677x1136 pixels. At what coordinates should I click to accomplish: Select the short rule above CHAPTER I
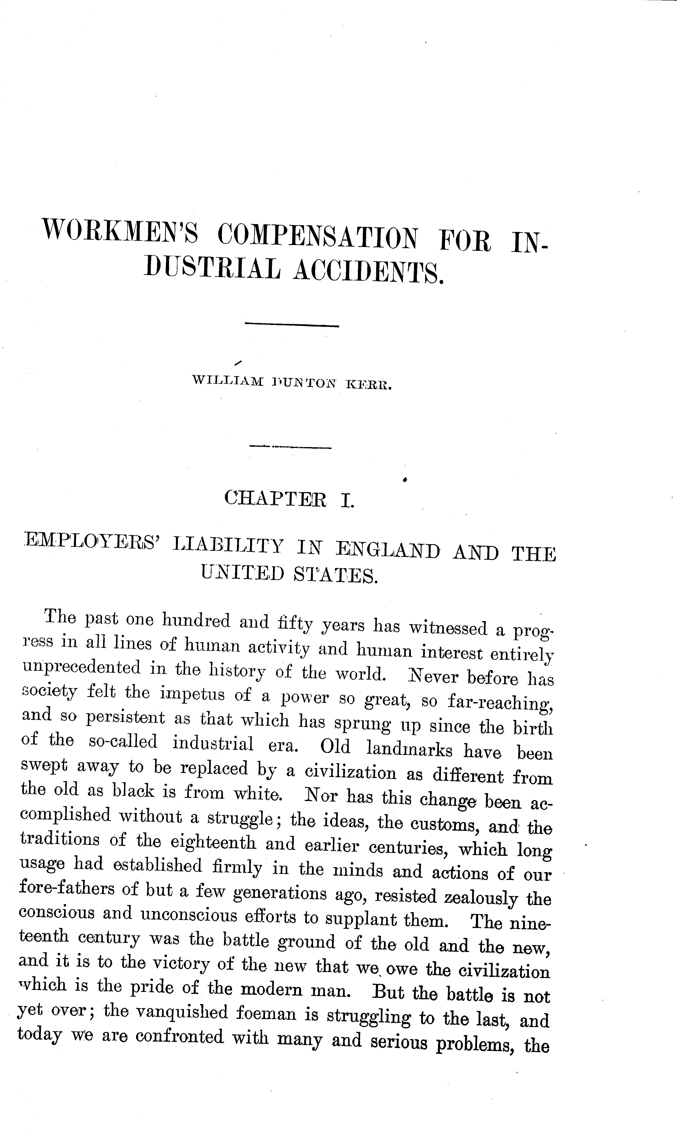291,447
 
